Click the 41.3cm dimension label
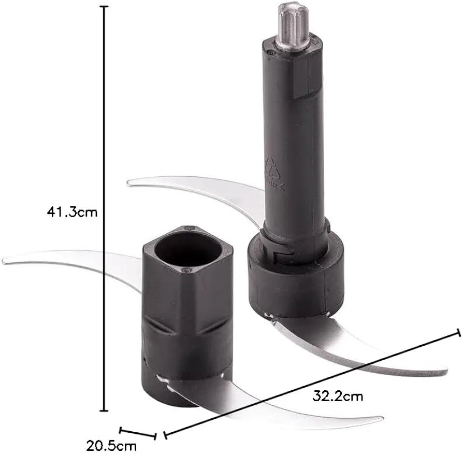pyautogui.click(x=72, y=212)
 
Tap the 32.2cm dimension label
pyautogui.click(x=338, y=396)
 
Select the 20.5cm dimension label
pyautogui.click(x=111, y=446)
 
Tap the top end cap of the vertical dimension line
pyautogui.click(x=104, y=6)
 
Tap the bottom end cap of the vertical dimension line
pyautogui.click(x=104, y=410)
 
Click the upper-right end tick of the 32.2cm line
pyautogui.click(x=458, y=332)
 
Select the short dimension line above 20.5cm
pyautogui.click(x=138, y=432)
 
